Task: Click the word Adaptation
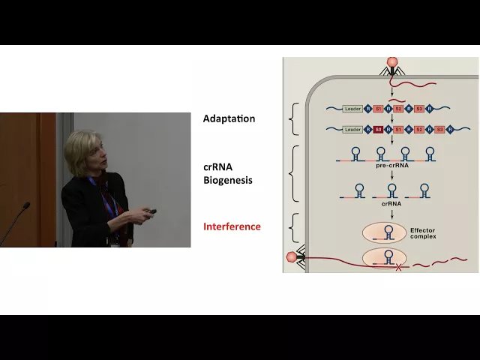click(x=229, y=118)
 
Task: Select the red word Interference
click(x=232, y=226)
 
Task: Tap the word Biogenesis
click(x=228, y=180)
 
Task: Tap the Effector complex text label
click(x=423, y=232)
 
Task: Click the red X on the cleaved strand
click(x=398, y=266)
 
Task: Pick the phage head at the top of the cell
click(x=391, y=62)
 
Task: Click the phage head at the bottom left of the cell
click(x=291, y=258)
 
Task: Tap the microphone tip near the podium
click(x=27, y=204)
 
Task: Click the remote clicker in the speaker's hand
click(x=152, y=211)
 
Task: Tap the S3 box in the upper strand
click(x=419, y=109)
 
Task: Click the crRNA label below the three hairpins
click(x=391, y=203)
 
